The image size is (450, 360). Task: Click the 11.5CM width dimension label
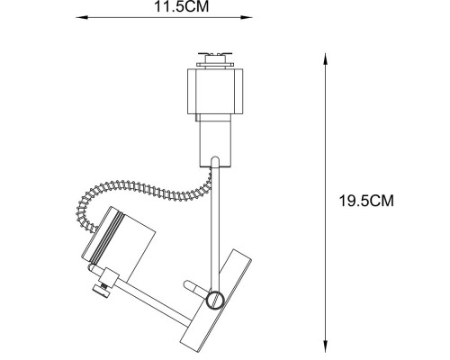point(181,6)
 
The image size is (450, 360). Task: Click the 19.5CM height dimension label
point(366,201)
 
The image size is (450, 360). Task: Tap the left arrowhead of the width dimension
point(82,17)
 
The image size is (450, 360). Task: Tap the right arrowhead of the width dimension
point(247,17)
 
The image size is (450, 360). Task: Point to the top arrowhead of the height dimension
point(325,58)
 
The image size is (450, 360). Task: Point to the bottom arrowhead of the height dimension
point(325,346)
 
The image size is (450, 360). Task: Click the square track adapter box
point(215,91)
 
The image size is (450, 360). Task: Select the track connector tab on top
point(215,60)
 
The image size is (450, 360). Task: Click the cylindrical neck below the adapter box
point(216,140)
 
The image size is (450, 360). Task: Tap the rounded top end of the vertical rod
point(215,160)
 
